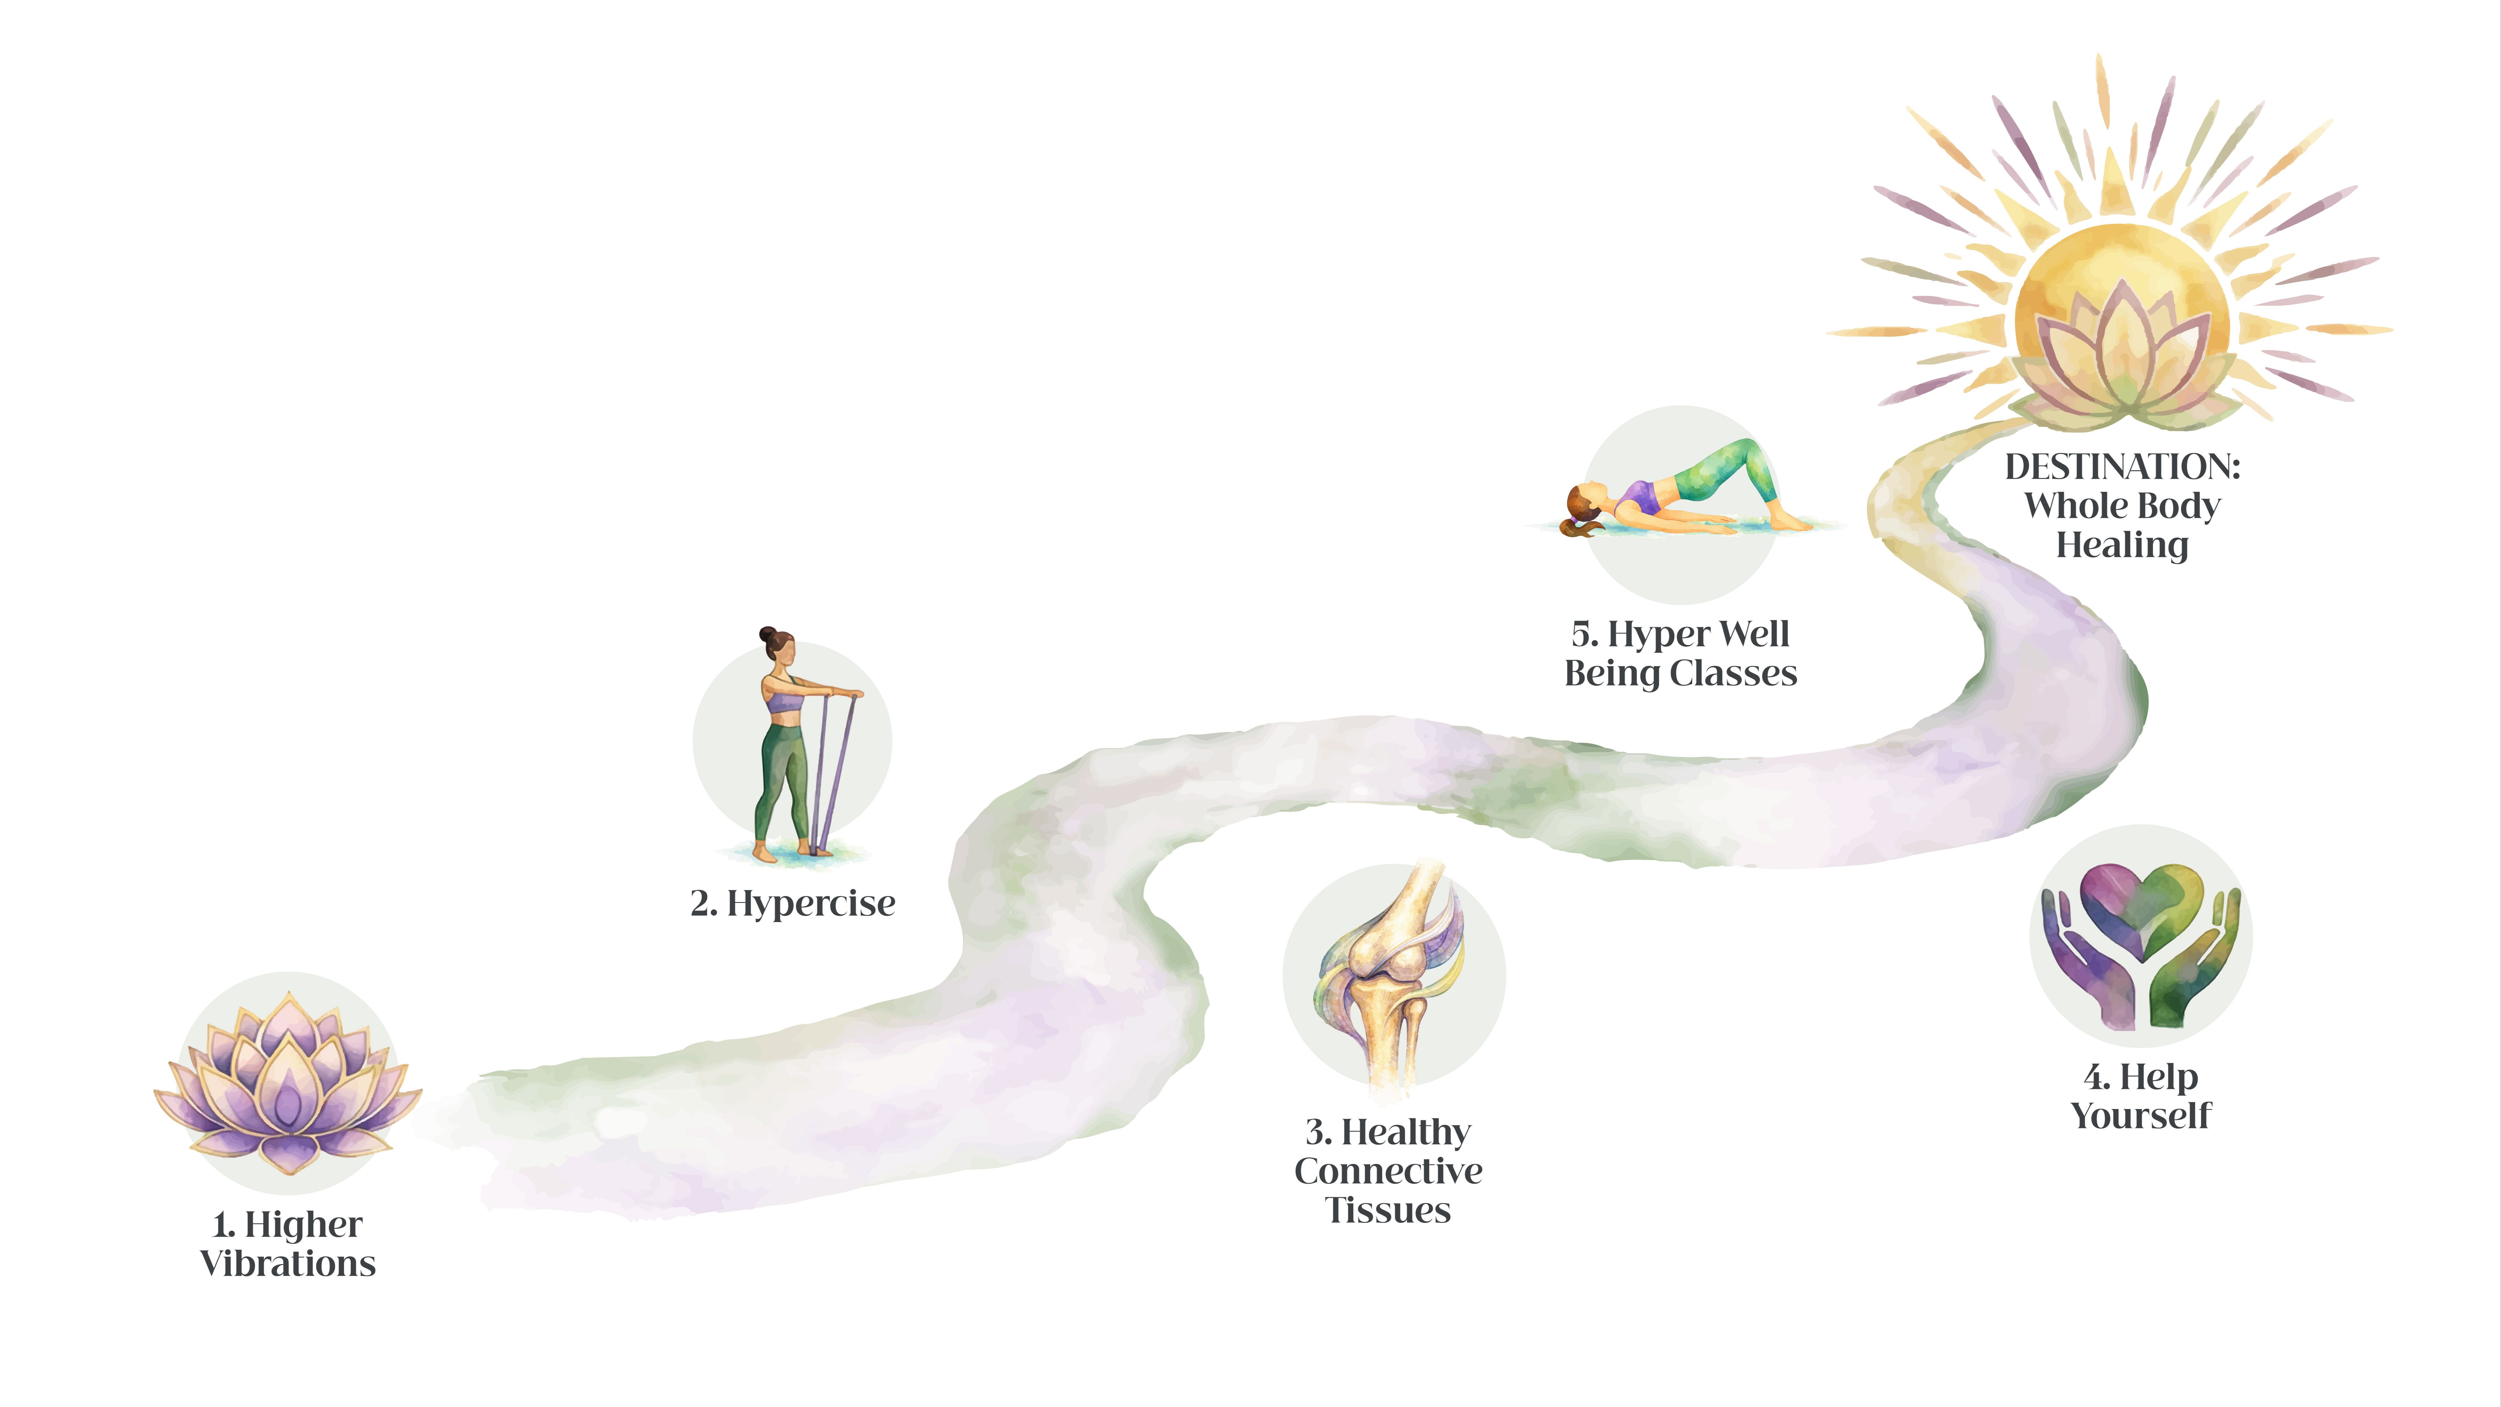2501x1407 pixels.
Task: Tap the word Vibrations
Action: (x=287, y=1263)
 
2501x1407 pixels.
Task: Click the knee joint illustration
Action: (x=1390, y=976)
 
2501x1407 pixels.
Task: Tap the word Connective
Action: (x=1389, y=1171)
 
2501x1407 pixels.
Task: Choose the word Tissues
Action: (x=1389, y=1211)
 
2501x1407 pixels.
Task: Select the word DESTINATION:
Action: (x=2122, y=467)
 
